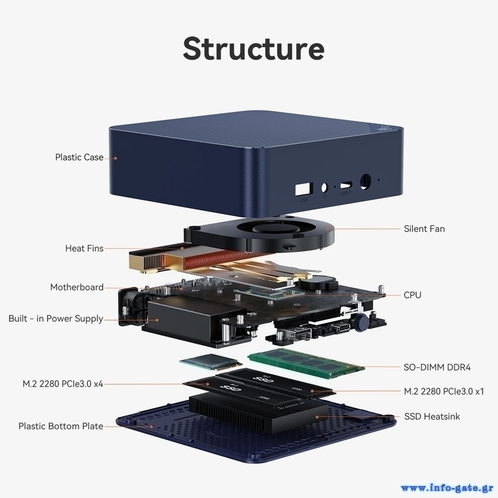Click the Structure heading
(x=253, y=48)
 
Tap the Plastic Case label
(x=79, y=157)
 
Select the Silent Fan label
(x=424, y=229)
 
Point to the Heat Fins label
(x=84, y=248)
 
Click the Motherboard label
(x=77, y=287)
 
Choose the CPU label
(x=412, y=295)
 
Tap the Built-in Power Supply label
(x=56, y=319)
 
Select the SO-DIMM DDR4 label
(x=437, y=368)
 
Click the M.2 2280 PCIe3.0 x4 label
(x=63, y=384)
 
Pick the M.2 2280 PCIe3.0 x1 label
(x=444, y=391)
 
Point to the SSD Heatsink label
(x=432, y=416)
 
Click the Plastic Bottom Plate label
(x=61, y=426)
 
